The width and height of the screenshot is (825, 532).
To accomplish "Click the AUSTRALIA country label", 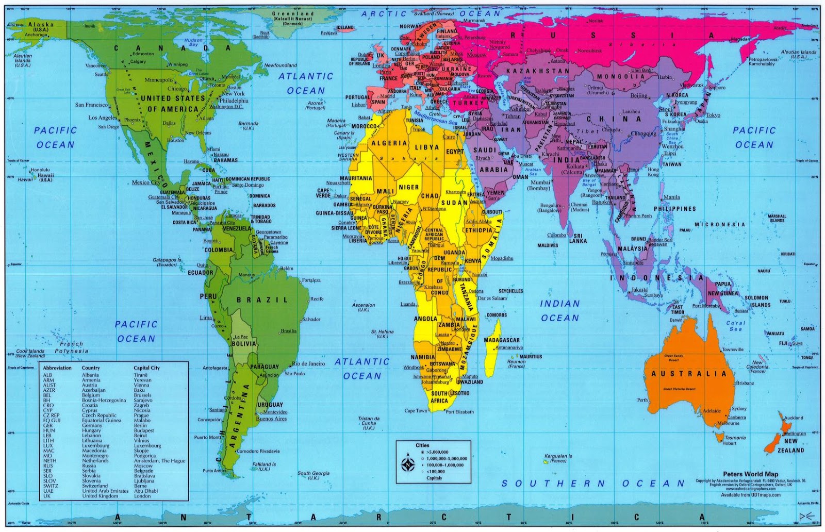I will click(688, 374).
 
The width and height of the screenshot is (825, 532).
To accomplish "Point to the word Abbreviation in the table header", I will click(57, 368).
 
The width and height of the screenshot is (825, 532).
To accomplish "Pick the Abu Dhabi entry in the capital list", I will click(146, 491).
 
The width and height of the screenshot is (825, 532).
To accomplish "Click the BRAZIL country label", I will click(262, 300).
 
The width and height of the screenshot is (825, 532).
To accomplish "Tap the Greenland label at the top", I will click(293, 14).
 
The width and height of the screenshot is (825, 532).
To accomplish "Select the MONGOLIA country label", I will click(620, 76).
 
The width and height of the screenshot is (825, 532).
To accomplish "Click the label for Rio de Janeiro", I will click(308, 363).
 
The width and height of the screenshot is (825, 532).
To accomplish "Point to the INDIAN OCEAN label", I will click(560, 311).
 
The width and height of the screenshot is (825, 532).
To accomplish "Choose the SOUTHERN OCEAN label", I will click(593, 484).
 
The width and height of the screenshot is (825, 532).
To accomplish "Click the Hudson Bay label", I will click(193, 42).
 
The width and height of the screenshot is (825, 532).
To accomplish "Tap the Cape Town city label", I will click(416, 411).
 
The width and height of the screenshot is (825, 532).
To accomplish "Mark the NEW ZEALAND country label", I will click(790, 446).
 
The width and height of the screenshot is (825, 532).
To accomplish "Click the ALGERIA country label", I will click(389, 143).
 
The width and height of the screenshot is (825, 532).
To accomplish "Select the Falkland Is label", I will click(264, 467).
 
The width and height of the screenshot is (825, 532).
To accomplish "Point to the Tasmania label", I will click(735, 438).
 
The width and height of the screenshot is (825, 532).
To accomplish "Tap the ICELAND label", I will click(345, 28).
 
